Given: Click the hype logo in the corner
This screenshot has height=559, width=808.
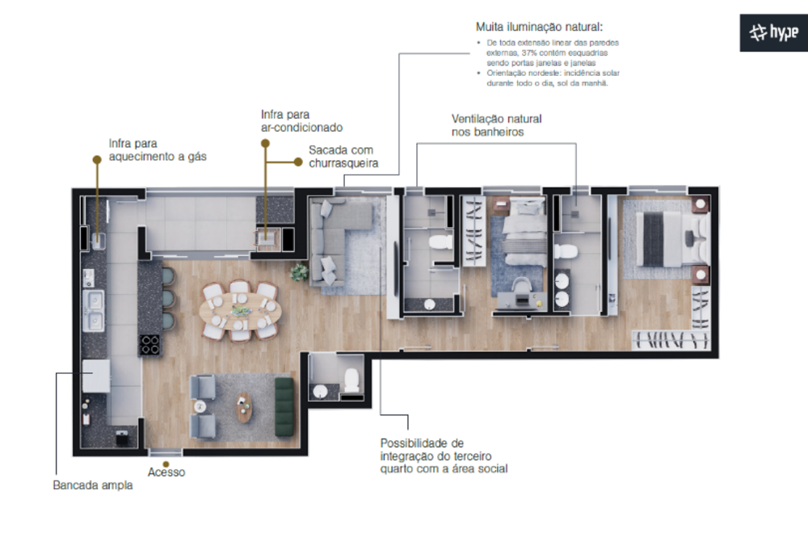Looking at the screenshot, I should tap(773, 33).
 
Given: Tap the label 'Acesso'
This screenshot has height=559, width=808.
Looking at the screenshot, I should tap(166, 472).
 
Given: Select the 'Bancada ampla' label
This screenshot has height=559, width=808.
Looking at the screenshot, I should tap(93, 485).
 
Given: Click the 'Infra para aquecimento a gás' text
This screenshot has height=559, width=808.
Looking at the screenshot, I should tap(158, 149).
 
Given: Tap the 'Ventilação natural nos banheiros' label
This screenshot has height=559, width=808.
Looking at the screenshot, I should tap(496, 125).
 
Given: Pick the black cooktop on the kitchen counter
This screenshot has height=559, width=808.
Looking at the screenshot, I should tap(150, 345).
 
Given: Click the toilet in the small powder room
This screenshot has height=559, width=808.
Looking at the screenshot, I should tap(351, 380).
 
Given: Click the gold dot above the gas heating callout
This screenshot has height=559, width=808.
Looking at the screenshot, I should tap(97, 160).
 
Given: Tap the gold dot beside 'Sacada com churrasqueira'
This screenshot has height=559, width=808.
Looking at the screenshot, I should tap(298, 162).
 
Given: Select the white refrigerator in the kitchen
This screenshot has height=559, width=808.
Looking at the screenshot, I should tap(95, 376).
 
